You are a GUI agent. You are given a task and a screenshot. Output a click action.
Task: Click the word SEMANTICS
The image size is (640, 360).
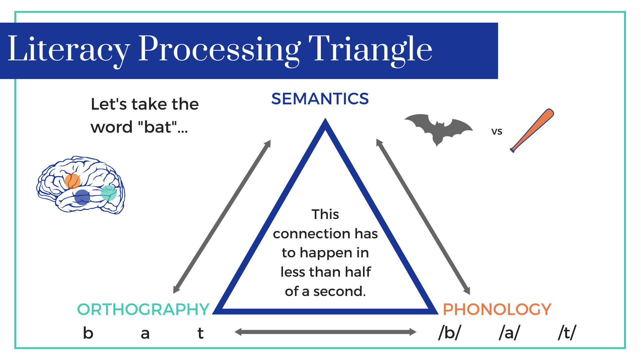tap(320, 99)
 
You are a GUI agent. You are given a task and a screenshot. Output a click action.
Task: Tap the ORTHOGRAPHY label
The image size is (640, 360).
tap(143, 309)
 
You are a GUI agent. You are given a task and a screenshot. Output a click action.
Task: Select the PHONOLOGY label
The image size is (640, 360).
tap(497, 309)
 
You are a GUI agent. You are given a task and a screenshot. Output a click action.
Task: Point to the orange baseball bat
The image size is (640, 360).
tap(532, 130)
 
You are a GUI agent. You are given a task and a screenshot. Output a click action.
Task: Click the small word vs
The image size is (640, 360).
tap(497, 131)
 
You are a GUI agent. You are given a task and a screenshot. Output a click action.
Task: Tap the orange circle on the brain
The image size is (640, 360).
tap(72, 181)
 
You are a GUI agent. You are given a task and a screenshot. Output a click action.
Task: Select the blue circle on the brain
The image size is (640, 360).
tap(82, 197)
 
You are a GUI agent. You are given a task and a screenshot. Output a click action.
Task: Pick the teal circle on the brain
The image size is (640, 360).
tap(109, 193)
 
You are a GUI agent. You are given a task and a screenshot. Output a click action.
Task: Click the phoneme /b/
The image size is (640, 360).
tap(450, 333)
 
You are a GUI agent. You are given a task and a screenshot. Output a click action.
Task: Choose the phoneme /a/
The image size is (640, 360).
tap(509, 333)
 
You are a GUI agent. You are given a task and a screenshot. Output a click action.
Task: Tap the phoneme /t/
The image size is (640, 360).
tap(567, 333)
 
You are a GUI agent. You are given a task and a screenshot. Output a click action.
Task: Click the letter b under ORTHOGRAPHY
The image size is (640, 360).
tap(88, 333)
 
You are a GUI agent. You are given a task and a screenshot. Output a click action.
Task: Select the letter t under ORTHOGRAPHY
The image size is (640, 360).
tap(200, 333)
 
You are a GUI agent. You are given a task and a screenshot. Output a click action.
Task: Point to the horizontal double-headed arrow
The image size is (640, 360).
tap(325, 332)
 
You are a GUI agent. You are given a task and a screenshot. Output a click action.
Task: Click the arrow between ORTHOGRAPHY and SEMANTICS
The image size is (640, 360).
tap(222, 217)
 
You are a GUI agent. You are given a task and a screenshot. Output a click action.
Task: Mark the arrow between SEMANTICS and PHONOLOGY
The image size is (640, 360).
tap(423, 217)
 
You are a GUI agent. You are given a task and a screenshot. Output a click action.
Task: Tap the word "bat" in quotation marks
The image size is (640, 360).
tap(157, 127)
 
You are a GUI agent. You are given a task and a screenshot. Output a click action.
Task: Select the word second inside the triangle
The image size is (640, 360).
tap(340, 291)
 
